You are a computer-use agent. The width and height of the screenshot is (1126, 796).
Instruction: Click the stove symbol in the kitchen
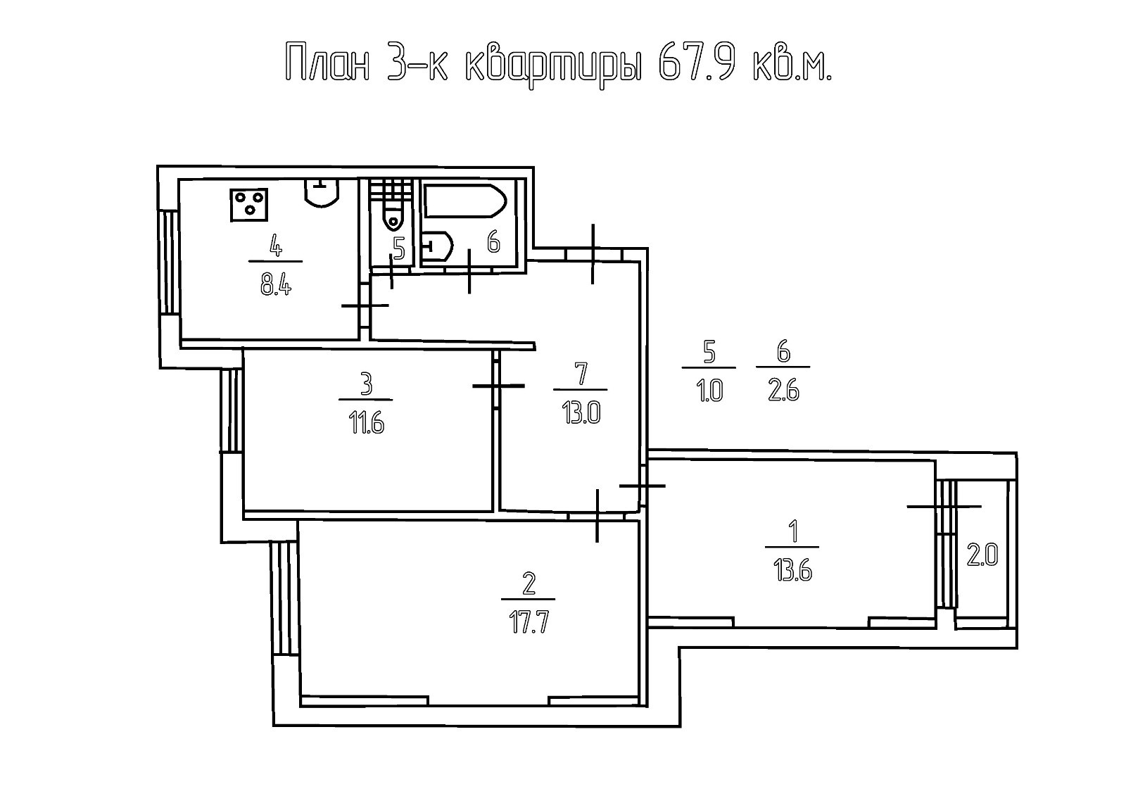(x=249, y=206)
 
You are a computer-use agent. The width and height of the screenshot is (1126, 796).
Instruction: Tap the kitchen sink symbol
(x=322, y=193)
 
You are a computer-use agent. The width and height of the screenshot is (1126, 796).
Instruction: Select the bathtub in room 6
(x=465, y=201)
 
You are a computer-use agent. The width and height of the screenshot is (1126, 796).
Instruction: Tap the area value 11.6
(x=367, y=424)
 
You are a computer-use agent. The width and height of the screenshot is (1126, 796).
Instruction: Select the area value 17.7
(x=529, y=624)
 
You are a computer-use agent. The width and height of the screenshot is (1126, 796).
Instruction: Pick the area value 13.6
(x=794, y=571)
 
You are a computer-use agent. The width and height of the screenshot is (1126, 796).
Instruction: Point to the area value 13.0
(x=581, y=415)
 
